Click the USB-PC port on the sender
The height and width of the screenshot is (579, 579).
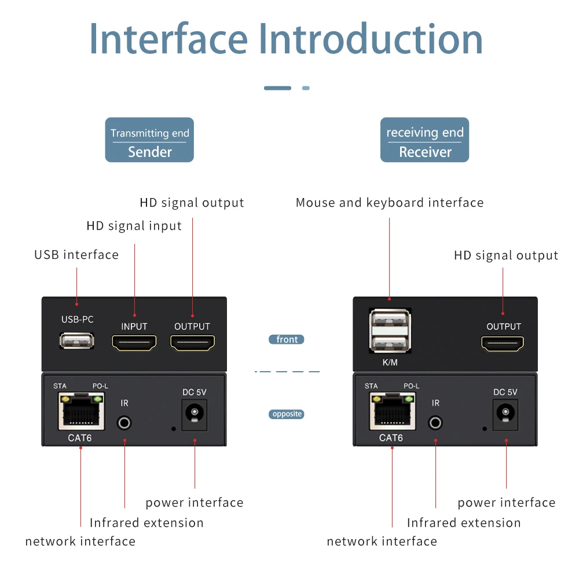[x=77, y=341]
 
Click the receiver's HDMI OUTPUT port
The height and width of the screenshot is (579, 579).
[x=503, y=343]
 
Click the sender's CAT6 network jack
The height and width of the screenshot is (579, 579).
[x=80, y=412]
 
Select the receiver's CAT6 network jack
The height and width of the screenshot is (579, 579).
[x=392, y=412]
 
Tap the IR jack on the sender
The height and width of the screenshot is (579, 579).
[x=124, y=422]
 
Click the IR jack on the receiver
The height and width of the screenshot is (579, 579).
[x=435, y=422]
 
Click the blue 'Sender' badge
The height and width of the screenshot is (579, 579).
[x=149, y=140]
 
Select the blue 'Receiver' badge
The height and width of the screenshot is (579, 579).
[x=424, y=140]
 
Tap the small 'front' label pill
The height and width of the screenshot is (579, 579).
[x=287, y=340]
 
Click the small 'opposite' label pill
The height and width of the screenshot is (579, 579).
[x=287, y=414]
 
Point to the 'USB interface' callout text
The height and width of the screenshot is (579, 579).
[x=76, y=255]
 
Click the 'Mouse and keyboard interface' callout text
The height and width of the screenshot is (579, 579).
[x=389, y=203]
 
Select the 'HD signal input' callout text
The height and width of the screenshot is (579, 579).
[x=134, y=226]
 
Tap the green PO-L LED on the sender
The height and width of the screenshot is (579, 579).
[x=97, y=398]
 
